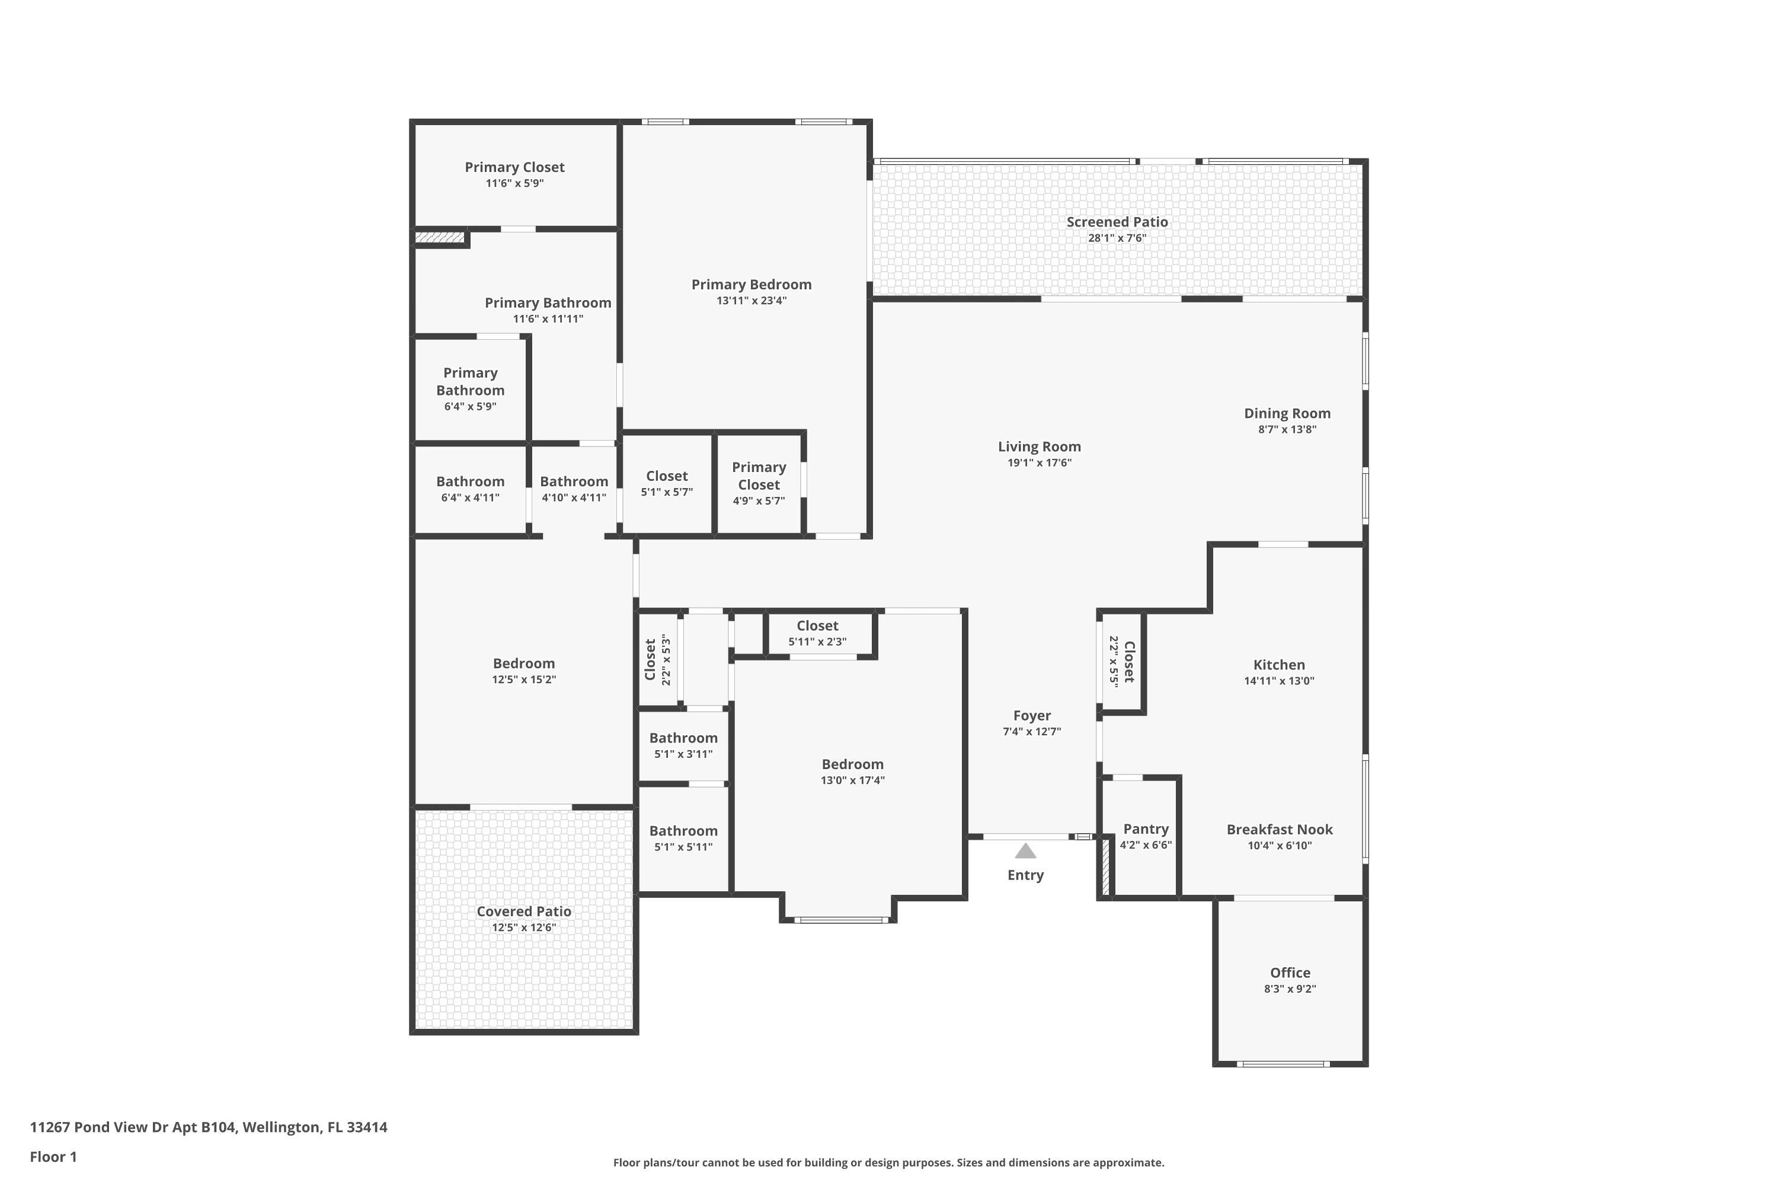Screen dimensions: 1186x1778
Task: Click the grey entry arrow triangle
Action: [x=1025, y=852]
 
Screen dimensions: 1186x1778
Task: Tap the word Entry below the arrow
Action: [x=1025, y=875]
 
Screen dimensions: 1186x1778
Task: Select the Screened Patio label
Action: [x=1117, y=222]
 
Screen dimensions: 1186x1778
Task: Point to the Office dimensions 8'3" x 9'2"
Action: [x=1290, y=989]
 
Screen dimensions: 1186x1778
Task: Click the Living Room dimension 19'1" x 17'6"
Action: [x=1039, y=463]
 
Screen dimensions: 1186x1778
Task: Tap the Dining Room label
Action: [x=1287, y=413]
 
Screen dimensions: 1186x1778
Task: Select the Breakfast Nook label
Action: [x=1279, y=829]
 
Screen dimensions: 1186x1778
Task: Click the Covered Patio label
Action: [x=523, y=911]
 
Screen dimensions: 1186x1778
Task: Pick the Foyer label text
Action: [x=1032, y=716]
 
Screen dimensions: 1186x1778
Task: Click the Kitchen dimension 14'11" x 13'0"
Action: [x=1279, y=681]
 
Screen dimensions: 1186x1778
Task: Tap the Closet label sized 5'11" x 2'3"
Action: [x=817, y=626]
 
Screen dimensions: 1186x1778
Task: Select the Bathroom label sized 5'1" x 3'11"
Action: [x=683, y=738]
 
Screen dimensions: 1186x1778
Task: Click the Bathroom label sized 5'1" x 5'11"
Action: [x=683, y=831]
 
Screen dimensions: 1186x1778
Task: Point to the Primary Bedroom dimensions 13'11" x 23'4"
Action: [x=752, y=300]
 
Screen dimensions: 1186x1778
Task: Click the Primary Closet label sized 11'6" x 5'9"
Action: [x=514, y=167]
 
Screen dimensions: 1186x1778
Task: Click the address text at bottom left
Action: [x=209, y=1127]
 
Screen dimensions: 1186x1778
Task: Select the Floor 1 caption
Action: [x=53, y=1156]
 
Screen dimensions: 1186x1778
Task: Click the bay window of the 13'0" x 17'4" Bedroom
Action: [x=840, y=920]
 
